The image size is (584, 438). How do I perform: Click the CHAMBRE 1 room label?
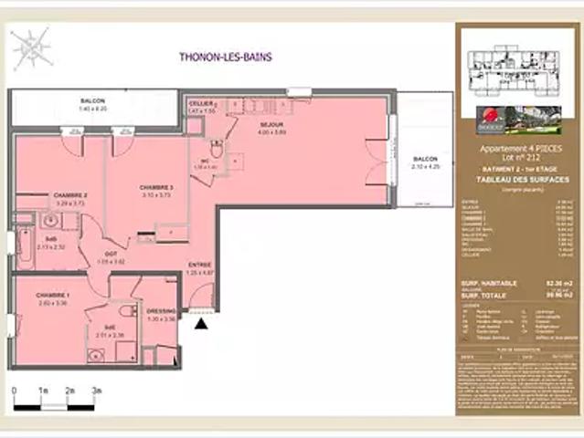click(52, 296)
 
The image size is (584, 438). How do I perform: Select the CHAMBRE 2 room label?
click(70, 195)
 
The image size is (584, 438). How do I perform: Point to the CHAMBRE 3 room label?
click(157, 187)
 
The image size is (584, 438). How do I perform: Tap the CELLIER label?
click(201, 104)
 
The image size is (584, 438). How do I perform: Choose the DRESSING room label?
click(161, 311)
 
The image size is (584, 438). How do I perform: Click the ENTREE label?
click(200, 265)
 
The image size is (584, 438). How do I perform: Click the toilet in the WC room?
click(216, 150)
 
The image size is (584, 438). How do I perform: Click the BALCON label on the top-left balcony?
click(92, 101)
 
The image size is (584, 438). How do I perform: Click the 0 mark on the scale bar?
click(16, 391)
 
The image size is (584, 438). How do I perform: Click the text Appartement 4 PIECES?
click(515, 147)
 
